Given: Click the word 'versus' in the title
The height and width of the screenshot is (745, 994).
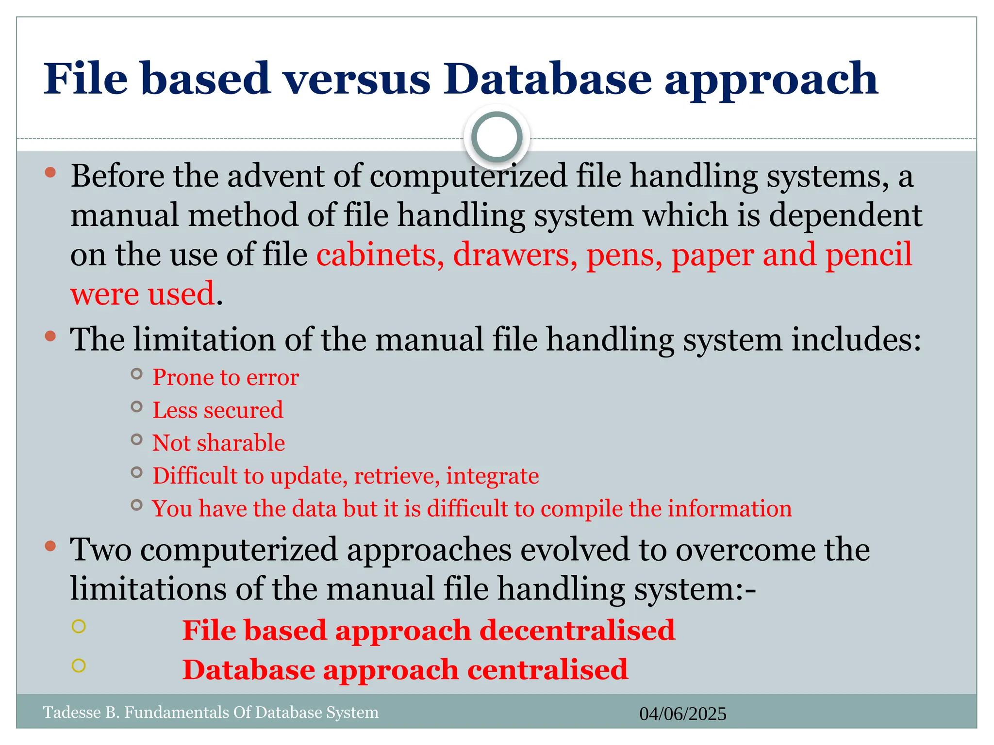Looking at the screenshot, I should [x=357, y=79].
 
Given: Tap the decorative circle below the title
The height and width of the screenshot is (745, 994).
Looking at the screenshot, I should [x=497, y=137].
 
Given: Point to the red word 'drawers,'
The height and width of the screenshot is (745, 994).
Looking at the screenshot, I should [x=515, y=255].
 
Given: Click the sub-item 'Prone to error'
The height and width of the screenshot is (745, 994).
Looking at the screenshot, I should [x=226, y=377].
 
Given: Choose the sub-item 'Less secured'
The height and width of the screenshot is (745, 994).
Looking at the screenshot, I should [x=218, y=410].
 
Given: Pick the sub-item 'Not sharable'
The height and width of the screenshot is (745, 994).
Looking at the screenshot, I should [x=219, y=443].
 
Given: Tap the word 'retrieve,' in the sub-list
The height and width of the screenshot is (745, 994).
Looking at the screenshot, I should [x=397, y=476].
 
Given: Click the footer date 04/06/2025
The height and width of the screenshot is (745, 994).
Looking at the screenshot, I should [x=682, y=714].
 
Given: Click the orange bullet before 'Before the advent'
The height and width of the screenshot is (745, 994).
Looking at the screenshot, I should [x=50, y=172].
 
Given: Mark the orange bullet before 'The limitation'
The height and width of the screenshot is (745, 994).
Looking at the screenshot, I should [x=50, y=336].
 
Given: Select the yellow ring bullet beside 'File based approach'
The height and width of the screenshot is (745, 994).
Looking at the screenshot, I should [x=79, y=626].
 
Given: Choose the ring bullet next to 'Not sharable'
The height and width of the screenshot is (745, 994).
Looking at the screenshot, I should [x=137, y=439].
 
